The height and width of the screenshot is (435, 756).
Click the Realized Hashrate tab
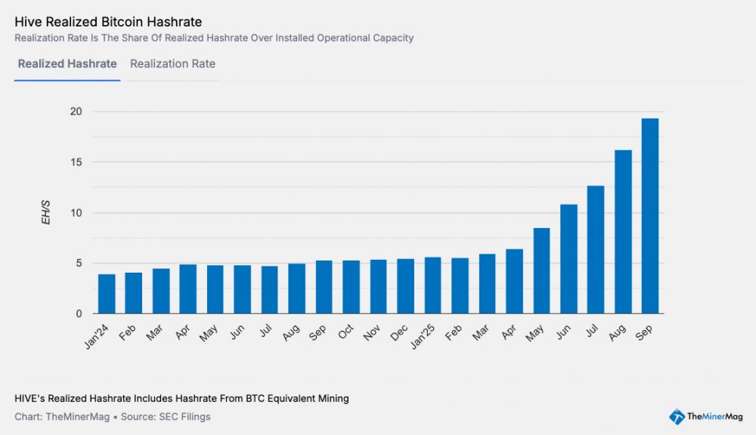click(x=67, y=64)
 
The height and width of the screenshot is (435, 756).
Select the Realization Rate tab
click(x=172, y=64)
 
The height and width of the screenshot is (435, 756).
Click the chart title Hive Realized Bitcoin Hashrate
click(x=108, y=22)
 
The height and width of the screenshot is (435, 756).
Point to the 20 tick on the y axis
click(x=76, y=112)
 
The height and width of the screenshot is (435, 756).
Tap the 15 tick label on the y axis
click(x=76, y=162)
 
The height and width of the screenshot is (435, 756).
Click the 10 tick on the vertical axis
click(x=76, y=213)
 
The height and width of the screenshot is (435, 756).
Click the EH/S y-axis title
click(x=46, y=212)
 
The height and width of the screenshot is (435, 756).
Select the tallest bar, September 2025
click(x=650, y=216)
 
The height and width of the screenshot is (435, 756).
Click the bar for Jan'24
click(x=107, y=294)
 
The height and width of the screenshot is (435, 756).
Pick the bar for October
click(x=351, y=287)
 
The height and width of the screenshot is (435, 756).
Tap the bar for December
click(x=405, y=286)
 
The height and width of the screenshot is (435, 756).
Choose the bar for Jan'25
click(x=432, y=285)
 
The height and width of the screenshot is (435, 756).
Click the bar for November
click(x=378, y=287)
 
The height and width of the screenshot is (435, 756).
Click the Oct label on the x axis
click(x=346, y=332)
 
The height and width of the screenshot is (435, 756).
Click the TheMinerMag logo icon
click(x=677, y=416)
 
